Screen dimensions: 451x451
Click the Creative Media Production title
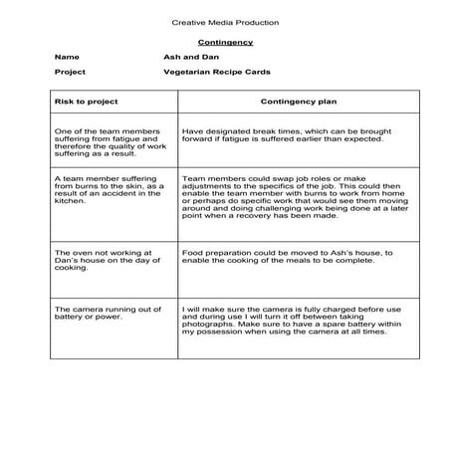tap(225, 22)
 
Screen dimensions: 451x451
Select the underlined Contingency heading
tap(225, 43)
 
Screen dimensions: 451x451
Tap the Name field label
tap(67, 58)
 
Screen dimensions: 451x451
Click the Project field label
tap(70, 73)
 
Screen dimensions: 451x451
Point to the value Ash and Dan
tap(184, 58)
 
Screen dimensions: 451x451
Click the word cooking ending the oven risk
tap(73, 269)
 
